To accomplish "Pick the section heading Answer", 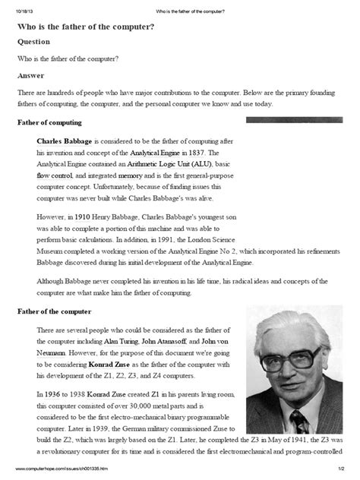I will click(31, 76).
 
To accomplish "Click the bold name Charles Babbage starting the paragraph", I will click(65, 141).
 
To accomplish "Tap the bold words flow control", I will click(55, 174).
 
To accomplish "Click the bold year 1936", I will click(56, 395).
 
